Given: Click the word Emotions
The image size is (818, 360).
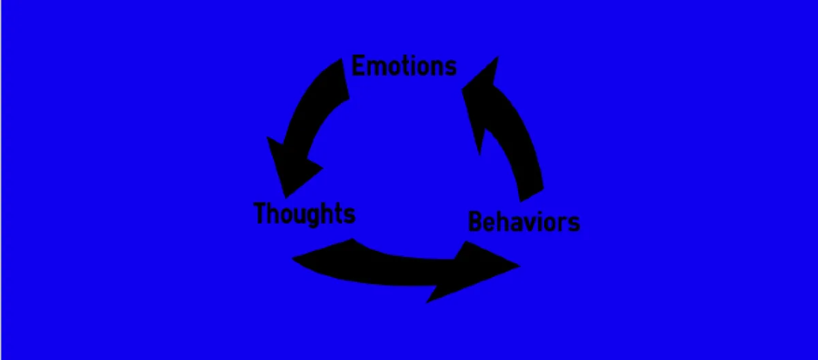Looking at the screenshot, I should (x=404, y=66).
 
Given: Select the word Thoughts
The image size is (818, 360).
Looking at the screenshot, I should (x=305, y=213).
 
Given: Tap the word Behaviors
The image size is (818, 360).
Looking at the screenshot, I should (x=524, y=222).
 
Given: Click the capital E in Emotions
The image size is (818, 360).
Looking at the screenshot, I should (x=357, y=66).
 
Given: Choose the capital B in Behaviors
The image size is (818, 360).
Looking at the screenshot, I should (x=475, y=222).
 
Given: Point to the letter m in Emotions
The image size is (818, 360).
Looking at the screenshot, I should (x=374, y=67).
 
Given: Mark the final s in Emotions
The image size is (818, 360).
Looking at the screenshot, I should (x=450, y=67).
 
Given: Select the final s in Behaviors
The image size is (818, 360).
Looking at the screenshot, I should (x=574, y=224).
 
